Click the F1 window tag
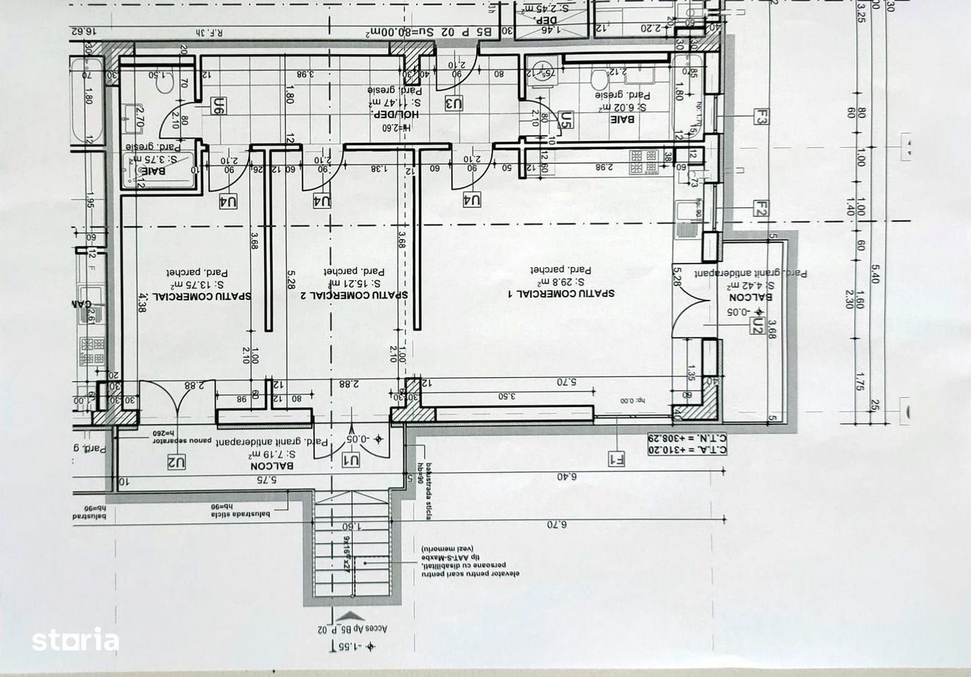tap(616, 458)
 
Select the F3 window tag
tap(762, 117)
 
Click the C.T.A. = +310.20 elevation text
tap(687, 449)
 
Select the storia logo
tap(75, 640)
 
